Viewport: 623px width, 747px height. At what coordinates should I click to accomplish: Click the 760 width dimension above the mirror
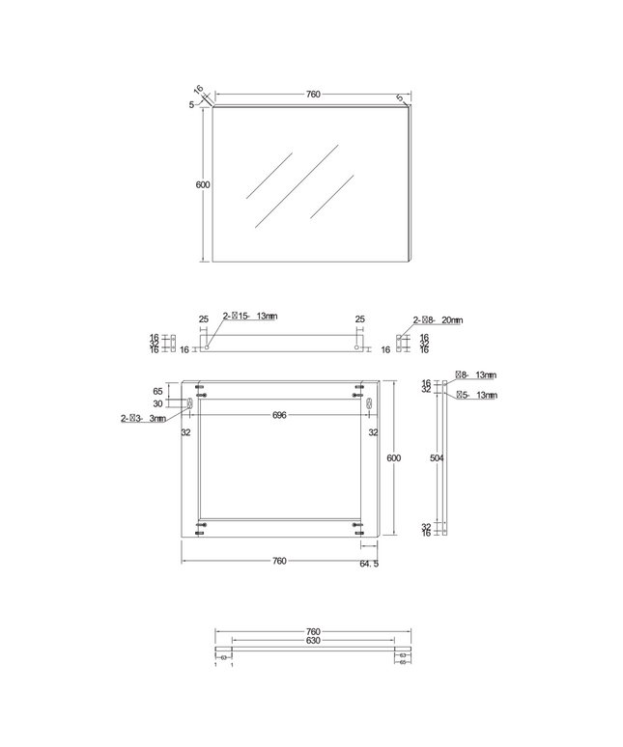(313, 95)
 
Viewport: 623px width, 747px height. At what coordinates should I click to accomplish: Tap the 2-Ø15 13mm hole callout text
(250, 316)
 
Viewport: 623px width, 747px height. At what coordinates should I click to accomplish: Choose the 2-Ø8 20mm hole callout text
(438, 320)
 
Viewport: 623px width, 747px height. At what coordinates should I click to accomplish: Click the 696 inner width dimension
(280, 415)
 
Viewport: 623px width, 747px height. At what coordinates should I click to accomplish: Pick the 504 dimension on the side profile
(436, 460)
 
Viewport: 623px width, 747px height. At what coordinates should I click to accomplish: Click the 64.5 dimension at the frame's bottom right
(369, 564)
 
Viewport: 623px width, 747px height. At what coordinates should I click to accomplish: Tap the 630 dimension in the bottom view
(313, 641)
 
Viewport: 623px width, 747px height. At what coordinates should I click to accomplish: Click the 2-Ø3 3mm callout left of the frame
(143, 419)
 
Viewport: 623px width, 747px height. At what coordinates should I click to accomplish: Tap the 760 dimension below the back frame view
(279, 561)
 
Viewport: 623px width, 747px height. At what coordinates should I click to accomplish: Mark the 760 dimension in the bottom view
(313, 632)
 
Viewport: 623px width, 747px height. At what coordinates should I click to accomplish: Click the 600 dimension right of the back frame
(393, 458)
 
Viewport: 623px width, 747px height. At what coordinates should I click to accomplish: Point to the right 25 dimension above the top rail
(360, 319)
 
